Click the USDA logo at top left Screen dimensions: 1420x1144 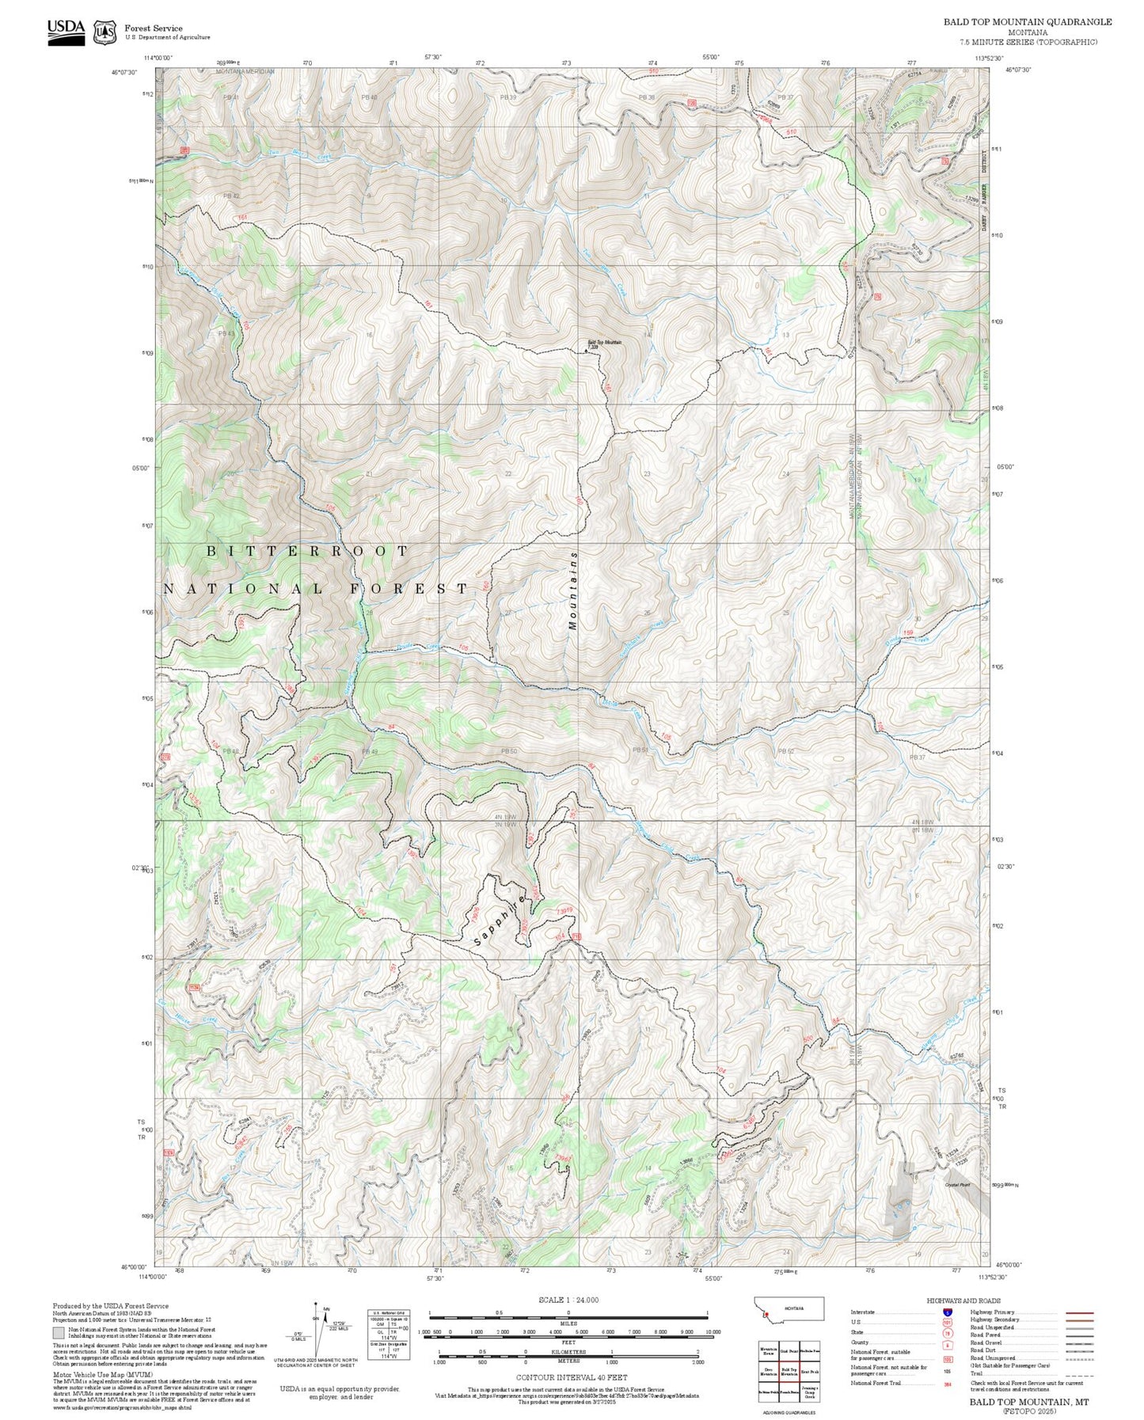coord(66,31)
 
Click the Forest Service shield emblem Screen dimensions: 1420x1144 coord(104,32)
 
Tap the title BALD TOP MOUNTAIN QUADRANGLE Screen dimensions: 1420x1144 coord(1027,21)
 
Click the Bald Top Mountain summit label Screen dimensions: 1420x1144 coord(604,343)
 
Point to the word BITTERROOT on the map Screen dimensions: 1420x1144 coord(308,551)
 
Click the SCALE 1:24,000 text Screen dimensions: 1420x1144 coord(568,1300)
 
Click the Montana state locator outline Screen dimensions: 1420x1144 coord(789,1308)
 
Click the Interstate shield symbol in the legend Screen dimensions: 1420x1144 coord(948,1312)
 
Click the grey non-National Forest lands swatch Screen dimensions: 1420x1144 coord(59,1332)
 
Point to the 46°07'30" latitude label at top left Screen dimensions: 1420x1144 coord(124,72)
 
